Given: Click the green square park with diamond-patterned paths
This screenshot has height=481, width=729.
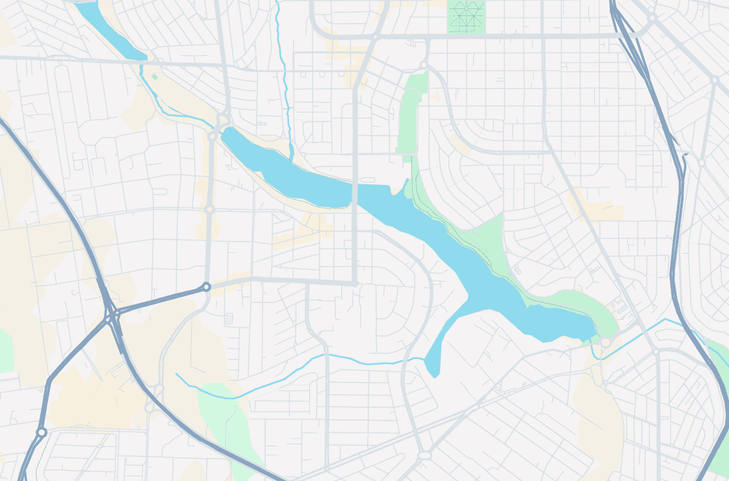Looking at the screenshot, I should click(465, 15).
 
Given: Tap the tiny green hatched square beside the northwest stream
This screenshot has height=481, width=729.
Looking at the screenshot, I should click(155, 77).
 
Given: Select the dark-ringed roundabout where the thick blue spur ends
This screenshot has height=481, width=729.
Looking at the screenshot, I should click(206, 287).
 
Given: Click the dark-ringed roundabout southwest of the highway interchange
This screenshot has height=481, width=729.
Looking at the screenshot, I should click(42, 433).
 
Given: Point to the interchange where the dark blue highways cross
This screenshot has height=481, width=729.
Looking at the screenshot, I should click(114, 316).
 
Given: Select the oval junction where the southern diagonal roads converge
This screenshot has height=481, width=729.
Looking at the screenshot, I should click(424, 455).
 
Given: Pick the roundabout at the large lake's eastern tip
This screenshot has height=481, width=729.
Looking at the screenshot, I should click(605, 342).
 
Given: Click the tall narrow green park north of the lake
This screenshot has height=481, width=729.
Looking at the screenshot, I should click(411, 116).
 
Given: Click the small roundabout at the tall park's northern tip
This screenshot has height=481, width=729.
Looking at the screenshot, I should click(424, 66).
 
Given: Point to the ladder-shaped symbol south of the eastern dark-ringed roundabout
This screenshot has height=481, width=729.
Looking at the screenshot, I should click(229, 319).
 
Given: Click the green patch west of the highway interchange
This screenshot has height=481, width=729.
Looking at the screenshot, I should click(5, 350).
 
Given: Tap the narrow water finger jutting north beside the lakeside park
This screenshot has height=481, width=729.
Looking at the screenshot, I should click(405, 186).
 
